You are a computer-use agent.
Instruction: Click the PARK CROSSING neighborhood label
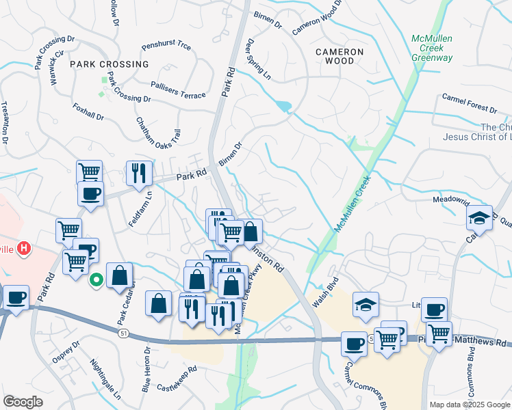coord(109,64)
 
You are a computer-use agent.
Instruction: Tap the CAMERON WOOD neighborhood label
coord(340,56)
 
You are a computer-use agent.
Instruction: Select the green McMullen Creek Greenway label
coord(432,48)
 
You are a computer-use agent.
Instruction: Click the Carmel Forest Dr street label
coord(469,104)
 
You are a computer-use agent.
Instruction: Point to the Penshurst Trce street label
coord(166,47)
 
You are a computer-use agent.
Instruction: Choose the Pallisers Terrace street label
coord(178,90)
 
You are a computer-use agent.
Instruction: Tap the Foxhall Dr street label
coord(88,112)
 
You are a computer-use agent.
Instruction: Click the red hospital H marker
coord(25,248)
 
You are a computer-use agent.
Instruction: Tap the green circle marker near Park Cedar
coord(97,279)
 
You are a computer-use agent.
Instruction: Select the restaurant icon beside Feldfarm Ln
coord(140,174)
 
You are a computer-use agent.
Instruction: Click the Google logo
coord(23,402)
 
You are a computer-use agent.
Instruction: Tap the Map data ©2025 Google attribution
coord(470,405)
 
